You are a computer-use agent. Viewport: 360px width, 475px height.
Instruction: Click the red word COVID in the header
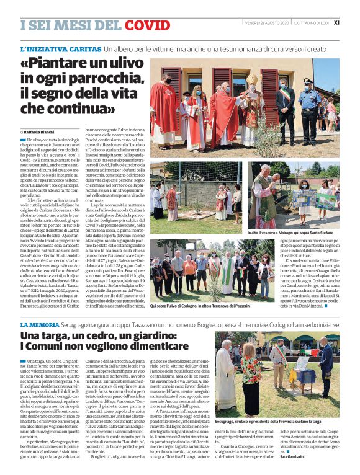coord(147,25)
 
